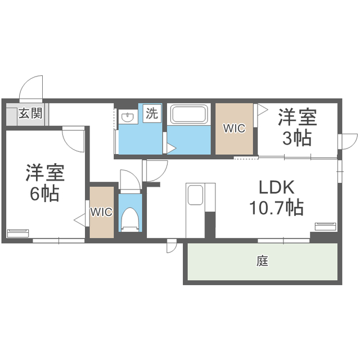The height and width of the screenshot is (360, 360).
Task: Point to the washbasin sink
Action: click(128, 118)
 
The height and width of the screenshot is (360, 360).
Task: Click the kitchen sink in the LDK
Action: click(195, 195)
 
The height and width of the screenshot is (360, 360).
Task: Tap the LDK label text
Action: click(277, 187)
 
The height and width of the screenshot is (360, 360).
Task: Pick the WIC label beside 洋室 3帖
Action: click(234, 128)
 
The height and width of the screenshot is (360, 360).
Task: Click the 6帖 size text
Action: click(44, 194)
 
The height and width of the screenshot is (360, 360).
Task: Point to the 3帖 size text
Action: click(297, 138)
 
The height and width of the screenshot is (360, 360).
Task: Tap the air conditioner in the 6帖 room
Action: click(20, 232)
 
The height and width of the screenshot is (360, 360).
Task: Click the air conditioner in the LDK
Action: click(325, 227)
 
